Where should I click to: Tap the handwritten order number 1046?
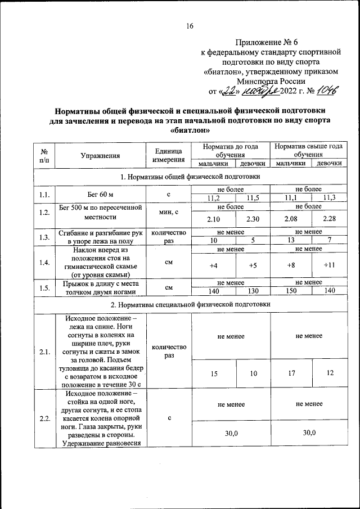coord(329,91)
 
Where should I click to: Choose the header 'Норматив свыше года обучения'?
coord(308,150)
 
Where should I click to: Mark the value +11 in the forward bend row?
coord(329,265)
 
